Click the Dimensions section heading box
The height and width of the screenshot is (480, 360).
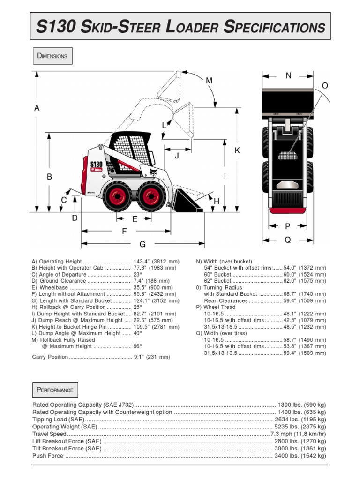[52, 56]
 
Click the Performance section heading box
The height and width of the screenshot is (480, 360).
[55, 390]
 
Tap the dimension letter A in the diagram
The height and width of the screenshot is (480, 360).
[37, 108]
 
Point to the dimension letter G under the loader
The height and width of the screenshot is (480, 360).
[142, 244]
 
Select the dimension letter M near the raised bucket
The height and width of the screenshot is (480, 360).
[209, 81]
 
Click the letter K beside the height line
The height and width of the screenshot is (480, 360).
[237, 150]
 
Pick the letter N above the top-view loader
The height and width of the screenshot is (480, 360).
[288, 75]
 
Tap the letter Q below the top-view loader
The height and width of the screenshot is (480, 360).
[288, 240]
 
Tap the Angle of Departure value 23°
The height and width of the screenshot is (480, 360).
[137, 275]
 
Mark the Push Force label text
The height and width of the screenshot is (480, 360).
[48, 456]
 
